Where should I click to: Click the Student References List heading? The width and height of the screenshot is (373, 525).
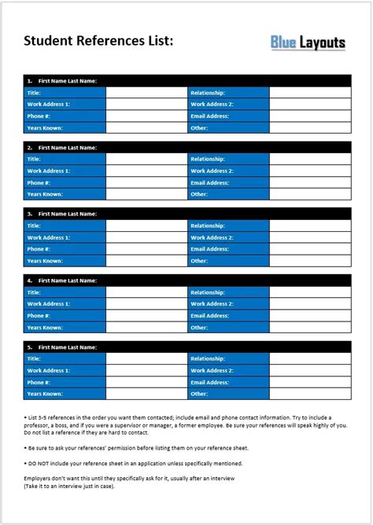tap(98, 40)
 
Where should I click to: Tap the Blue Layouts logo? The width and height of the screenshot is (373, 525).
tap(308, 42)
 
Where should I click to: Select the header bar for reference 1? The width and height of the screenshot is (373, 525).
tap(186, 80)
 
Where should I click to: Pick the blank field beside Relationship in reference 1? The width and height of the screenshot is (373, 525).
tap(309, 92)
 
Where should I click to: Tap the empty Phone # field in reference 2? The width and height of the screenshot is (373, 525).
tap(146, 182)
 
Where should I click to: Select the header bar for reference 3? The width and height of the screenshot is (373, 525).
tap(186, 213)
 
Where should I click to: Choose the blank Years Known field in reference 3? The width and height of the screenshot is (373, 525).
tap(146, 260)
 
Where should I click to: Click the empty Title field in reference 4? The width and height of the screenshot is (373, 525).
tap(146, 292)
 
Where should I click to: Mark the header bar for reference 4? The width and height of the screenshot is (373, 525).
tap(186, 280)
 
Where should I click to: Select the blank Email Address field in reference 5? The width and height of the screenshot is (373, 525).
tap(309, 382)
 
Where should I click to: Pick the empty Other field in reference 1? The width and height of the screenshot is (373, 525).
tap(309, 127)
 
